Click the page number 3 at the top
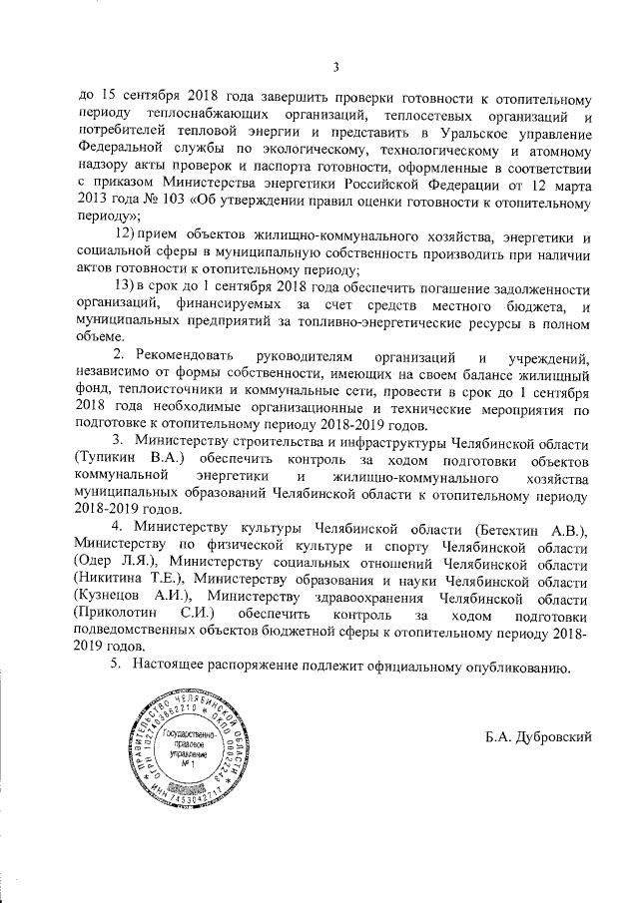tap(336, 67)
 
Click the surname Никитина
tap(111, 580)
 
